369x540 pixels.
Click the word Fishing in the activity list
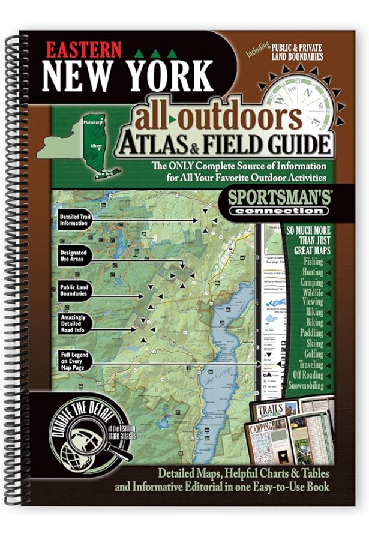313,262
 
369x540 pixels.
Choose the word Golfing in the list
313,355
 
